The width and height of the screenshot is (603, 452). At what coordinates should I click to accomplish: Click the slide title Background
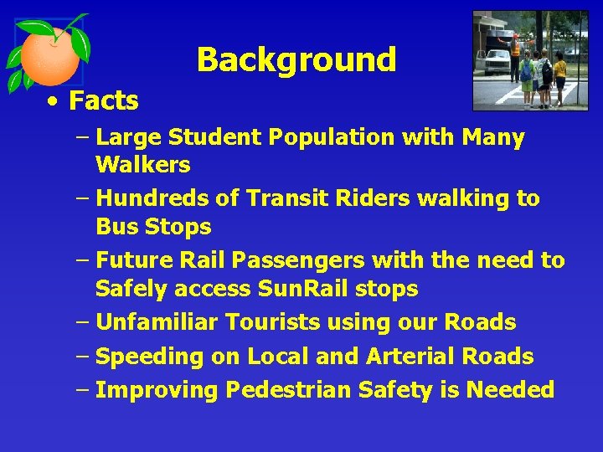click(296, 59)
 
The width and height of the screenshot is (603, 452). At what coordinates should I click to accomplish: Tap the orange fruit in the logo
click(49, 58)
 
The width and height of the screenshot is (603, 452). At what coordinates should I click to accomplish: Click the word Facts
click(103, 101)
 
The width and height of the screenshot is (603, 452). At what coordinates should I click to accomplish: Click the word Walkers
click(142, 165)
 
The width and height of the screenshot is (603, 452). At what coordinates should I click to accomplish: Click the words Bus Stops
click(153, 227)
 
